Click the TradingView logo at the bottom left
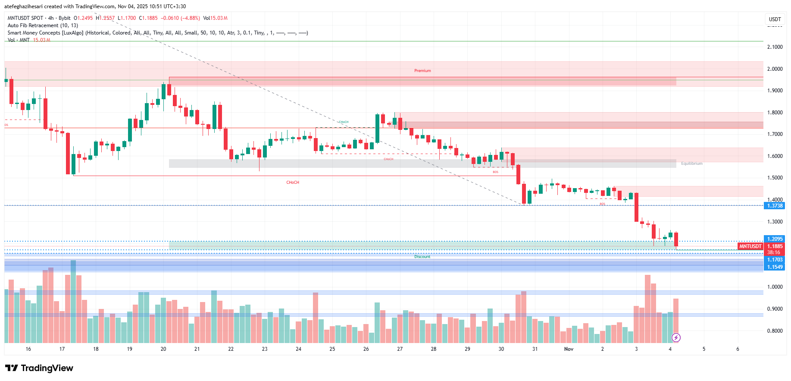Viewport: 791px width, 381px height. click(39, 368)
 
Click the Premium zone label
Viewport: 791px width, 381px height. click(422, 71)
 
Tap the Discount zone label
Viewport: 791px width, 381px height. click(422, 257)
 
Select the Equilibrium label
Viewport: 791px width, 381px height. click(691, 164)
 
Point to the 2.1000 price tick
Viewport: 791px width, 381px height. click(775, 47)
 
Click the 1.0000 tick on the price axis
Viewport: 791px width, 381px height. click(775, 287)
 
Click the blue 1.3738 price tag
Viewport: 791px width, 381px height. click(775, 206)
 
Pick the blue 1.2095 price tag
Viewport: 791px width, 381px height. click(775, 239)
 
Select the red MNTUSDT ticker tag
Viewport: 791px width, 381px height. click(750, 246)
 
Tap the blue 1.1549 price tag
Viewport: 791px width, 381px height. click(775, 267)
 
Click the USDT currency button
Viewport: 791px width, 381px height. click(775, 19)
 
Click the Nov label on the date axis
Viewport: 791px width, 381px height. click(569, 349)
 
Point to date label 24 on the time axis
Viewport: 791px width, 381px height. click(298, 349)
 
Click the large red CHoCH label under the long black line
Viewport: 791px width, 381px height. click(293, 183)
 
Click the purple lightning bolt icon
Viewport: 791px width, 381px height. click(676, 337)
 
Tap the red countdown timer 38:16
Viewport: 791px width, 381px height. click(773, 252)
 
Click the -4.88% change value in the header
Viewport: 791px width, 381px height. click(190, 18)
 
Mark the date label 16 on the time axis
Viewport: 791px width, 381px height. click(28, 349)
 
